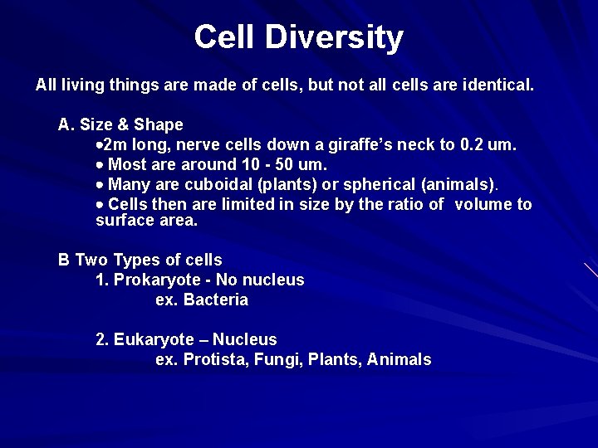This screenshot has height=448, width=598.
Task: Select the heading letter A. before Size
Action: [66, 125]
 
